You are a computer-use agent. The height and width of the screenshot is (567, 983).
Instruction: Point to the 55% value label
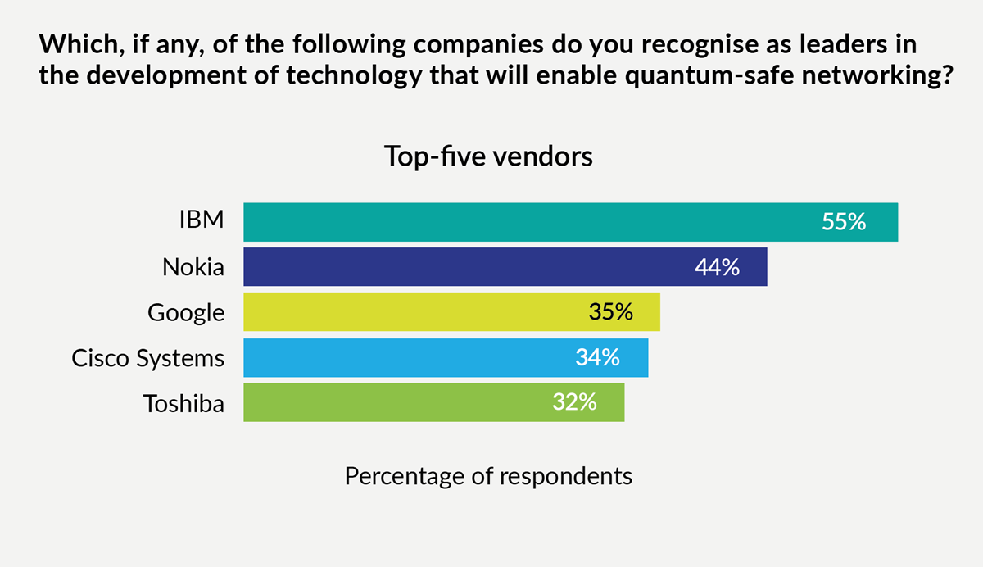coord(844,222)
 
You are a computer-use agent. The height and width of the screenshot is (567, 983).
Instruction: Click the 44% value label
coord(718,267)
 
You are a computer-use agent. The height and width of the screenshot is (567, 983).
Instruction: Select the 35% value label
coord(611,312)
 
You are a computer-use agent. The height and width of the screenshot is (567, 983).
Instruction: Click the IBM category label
coord(201,222)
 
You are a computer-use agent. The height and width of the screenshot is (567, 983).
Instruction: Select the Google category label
coord(186,313)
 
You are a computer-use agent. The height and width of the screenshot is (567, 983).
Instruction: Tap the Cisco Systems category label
coord(147,358)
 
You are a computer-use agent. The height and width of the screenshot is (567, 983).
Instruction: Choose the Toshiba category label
coord(183,403)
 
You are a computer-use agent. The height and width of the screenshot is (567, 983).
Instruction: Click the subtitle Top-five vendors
coord(488,156)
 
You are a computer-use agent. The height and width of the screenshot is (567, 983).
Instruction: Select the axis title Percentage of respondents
coord(488,476)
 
